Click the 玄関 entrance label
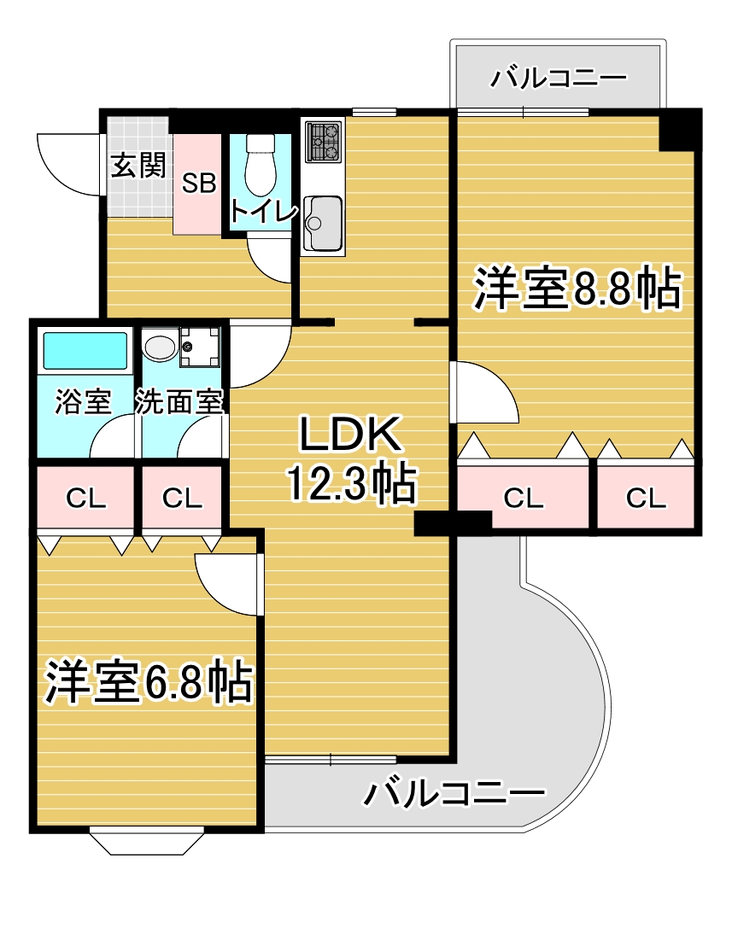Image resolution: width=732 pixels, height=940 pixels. point(138,166)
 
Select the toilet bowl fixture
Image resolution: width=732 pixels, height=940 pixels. point(259,166)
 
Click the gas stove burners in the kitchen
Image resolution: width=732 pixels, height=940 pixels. point(324,142)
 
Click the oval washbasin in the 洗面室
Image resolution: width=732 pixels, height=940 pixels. point(159,347)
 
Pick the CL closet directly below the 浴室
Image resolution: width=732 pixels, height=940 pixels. point(86,499)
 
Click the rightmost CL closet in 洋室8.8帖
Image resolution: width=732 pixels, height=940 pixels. point(645,499)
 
